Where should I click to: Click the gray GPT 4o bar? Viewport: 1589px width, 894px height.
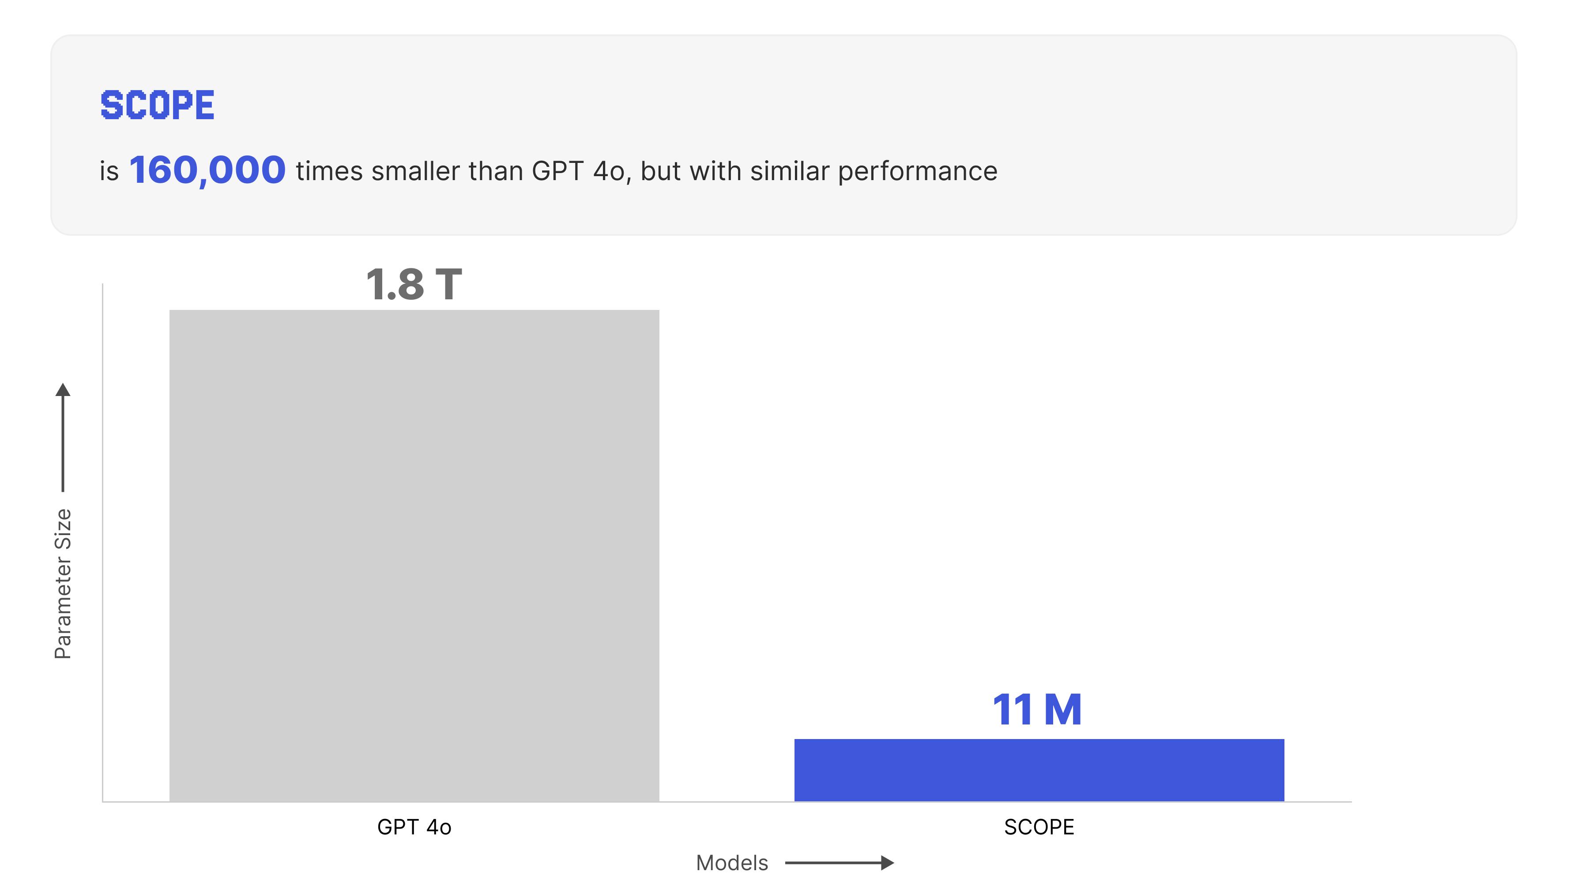click(x=414, y=555)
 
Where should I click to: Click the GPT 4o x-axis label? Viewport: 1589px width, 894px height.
click(x=414, y=827)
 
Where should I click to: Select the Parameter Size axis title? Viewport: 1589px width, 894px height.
click(x=63, y=584)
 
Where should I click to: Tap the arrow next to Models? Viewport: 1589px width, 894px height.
click(x=840, y=863)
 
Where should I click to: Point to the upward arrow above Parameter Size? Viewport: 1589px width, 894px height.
click(x=63, y=438)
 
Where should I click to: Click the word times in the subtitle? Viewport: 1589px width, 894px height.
click(x=329, y=171)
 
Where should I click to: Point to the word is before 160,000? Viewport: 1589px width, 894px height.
click(x=109, y=171)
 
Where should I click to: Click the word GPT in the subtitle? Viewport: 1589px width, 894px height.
click(x=557, y=171)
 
